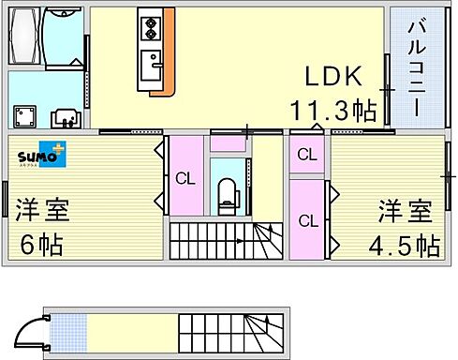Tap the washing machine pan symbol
point(23,116)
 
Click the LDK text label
point(327,77)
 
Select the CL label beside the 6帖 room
point(185,178)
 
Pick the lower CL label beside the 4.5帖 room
point(306,221)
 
